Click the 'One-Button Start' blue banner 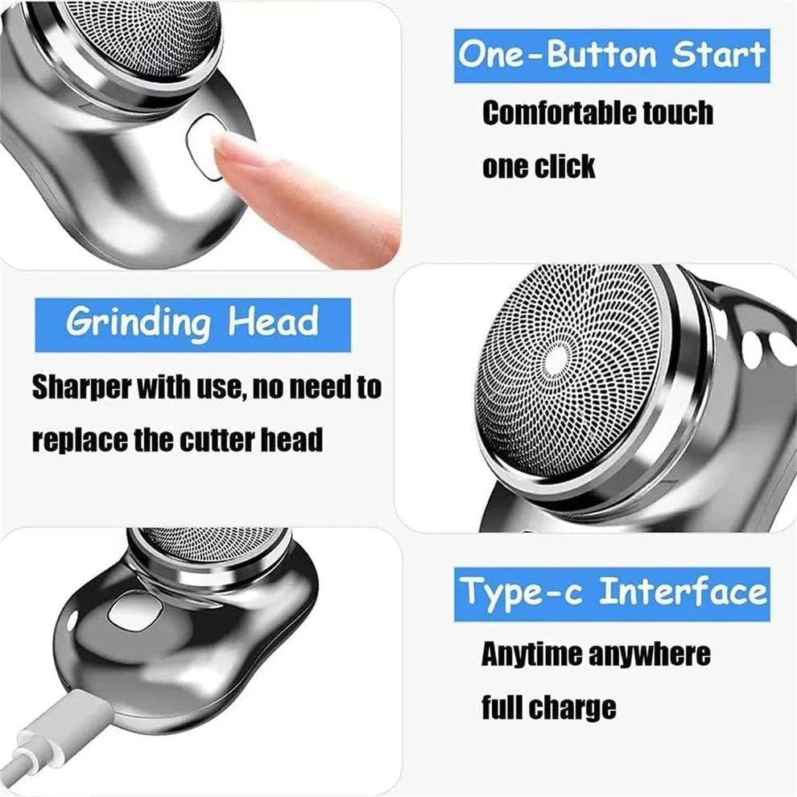point(612,56)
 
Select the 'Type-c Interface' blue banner point(612,594)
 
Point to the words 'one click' point(539,166)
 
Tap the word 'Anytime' point(532,654)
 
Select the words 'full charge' point(548,708)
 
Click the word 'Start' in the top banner point(718,56)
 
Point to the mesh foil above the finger point(153,32)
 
